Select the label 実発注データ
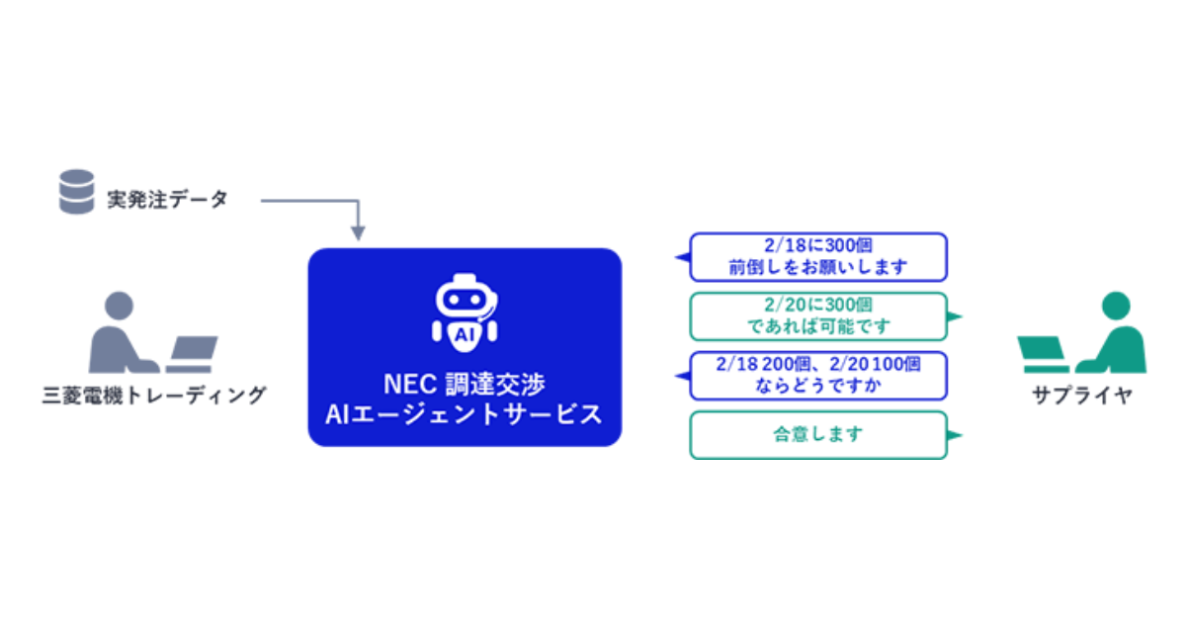pyautogui.click(x=167, y=200)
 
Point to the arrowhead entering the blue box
pyautogui.click(x=358, y=233)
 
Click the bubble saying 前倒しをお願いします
pyautogui.click(x=817, y=257)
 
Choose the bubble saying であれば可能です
pyautogui.click(x=817, y=316)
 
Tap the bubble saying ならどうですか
pyautogui.click(x=817, y=376)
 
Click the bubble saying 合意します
pyautogui.click(x=817, y=435)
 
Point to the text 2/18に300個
pyautogui.click(x=817, y=246)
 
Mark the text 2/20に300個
pyautogui.click(x=817, y=305)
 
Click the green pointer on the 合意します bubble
pyautogui.click(x=955, y=435)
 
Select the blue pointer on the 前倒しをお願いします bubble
pyautogui.click(x=681, y=257)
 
